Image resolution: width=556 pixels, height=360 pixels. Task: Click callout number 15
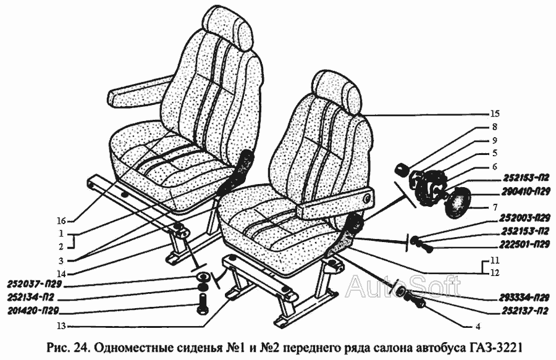(x=495, y=114)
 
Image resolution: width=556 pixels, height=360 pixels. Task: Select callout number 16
(x=61, y=222)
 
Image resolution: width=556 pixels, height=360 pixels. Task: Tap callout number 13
(x=61, y=326)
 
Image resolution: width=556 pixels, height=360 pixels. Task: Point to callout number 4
(x=478, y=327)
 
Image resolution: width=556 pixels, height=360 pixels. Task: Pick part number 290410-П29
(x=526, y=191)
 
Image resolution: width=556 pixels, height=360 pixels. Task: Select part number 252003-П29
(x=526, y=217)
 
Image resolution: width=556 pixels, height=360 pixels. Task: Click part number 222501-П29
(x=526, y=244)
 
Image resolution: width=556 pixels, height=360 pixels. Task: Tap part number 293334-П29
(x=526, y=297)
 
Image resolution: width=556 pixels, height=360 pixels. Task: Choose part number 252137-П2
(x=526, y=311)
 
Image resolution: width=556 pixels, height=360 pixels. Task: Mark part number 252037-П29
(x=35, y=284)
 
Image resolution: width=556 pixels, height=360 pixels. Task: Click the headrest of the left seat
(x=227, y=28)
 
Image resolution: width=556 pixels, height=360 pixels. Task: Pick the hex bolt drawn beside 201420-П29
(x=202, y=303)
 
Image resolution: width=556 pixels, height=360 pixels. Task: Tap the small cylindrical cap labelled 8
(x=402, y=169)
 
